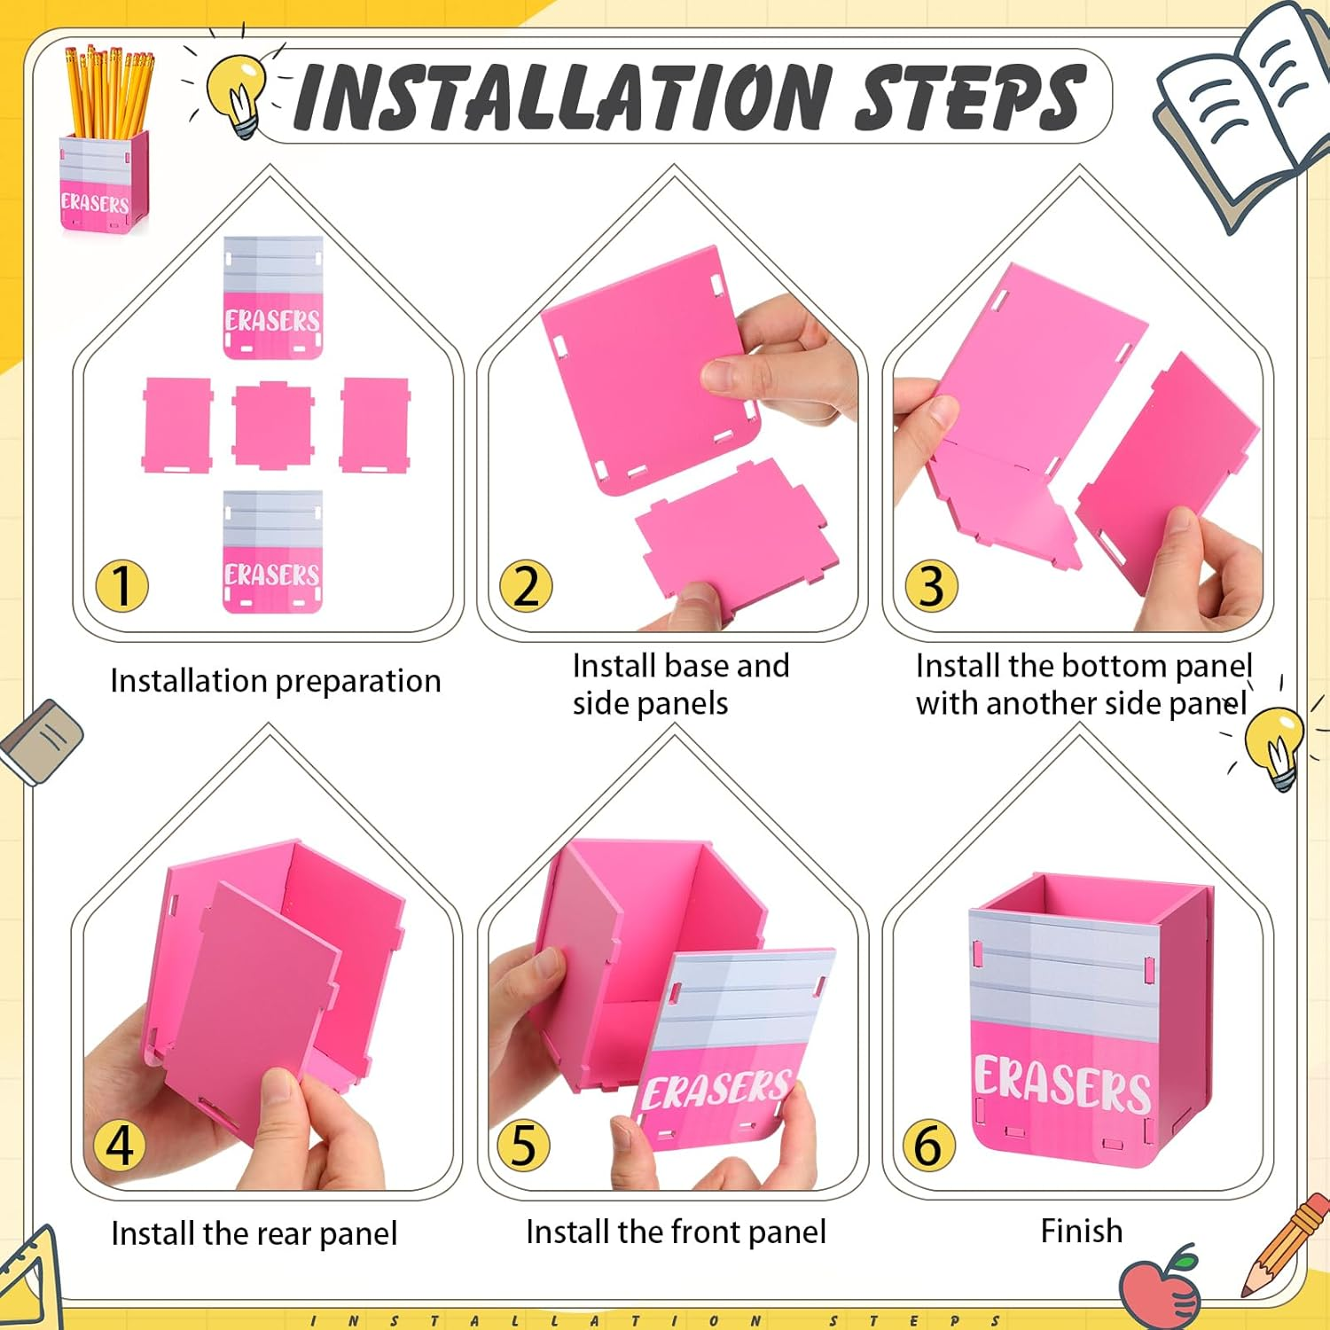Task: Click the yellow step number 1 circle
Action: (x=121, y=586)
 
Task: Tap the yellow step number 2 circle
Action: (x=526, y=586)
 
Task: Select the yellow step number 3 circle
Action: (x=931, y=586)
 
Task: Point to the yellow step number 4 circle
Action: (x=121, y=1145)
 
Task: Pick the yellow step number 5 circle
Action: (x=524, y=1145)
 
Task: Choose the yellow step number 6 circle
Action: (x=928, y=1145)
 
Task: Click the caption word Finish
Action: (x=1082, y=1231)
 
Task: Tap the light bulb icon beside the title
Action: (x=237, y=95)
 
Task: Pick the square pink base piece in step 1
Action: (x=273, y=425)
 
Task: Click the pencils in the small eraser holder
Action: (x=109, y=92)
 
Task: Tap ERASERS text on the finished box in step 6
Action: (x=1062, y=1084)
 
